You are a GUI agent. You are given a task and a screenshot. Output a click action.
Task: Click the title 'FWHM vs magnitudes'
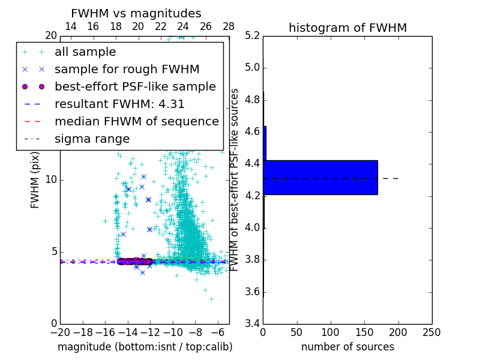click(x=136, y=13)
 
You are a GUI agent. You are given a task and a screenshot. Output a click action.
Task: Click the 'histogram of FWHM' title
click(x=347, y=28)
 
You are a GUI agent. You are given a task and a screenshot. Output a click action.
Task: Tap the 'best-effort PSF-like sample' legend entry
click(x=135, y=86)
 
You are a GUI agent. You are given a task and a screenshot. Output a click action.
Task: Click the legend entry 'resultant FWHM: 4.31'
click(x=119, y=104)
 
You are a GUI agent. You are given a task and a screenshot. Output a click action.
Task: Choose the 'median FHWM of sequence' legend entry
click(x=137, y=121)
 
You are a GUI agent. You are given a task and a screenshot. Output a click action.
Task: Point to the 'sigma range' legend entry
click(x=92, y=139)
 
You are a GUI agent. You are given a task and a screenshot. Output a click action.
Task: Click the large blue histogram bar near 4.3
click(x=320, y=177)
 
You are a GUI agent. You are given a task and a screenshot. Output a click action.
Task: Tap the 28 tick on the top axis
click(x=229, y=26)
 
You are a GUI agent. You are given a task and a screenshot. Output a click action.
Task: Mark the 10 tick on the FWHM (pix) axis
click(x=50, y=179)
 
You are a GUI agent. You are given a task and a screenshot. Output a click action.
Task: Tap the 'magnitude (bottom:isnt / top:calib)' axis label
click(x=145, y=347)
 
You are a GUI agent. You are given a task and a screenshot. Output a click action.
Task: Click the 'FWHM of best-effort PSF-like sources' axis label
click(x=235, y=179)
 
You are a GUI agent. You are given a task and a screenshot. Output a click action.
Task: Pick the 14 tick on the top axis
click(x=70, y=26)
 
